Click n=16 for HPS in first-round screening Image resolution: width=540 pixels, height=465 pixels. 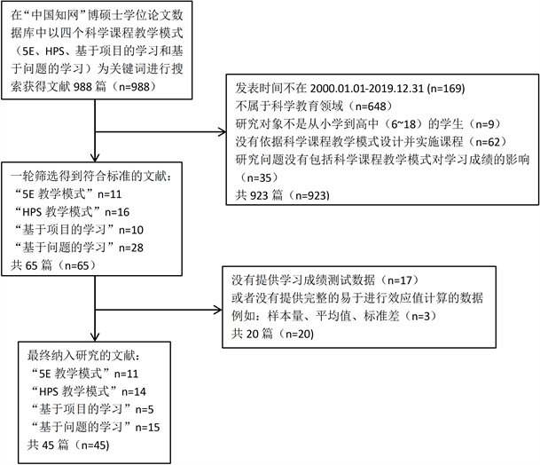[x=131, y=213]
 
